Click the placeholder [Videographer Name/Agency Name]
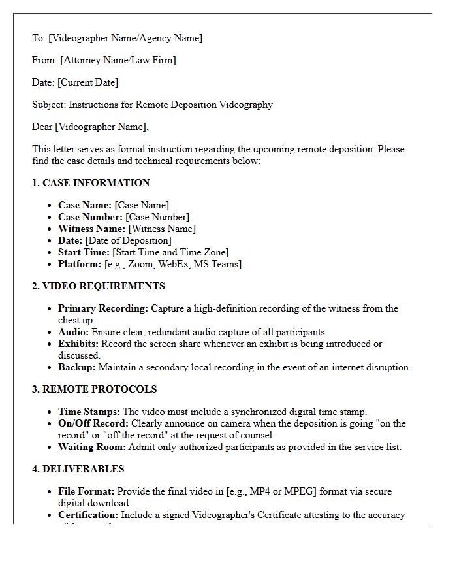coord(125,38)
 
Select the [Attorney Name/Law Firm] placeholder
coord(118,60)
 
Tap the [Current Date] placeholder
coord(87,82)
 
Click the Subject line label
coord(49,105)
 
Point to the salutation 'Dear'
coord(42,127)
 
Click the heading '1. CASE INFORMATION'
coord(91,183)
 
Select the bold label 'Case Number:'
coord(90,217)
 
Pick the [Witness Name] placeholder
coord(161,229)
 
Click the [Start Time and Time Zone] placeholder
coord(170,252)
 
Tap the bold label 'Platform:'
coord(80,264)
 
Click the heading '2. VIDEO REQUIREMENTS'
coord(98,286)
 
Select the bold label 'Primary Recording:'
coord(103,308)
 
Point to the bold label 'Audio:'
coord(73,332)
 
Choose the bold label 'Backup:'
coord(76,367)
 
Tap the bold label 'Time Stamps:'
coord(89,412)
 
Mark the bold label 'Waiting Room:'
coord(91,447)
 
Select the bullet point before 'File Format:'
coord(51,492)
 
